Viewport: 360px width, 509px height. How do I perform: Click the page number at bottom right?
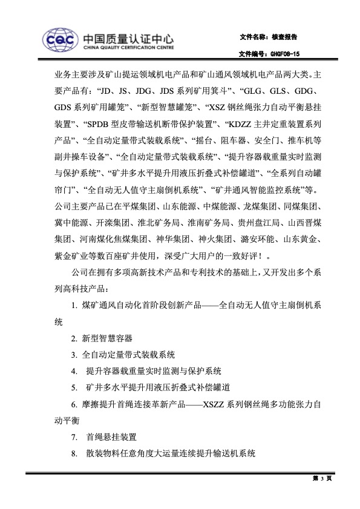tap(322, 478)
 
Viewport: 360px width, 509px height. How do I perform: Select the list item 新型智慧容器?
tap(107, 337)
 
